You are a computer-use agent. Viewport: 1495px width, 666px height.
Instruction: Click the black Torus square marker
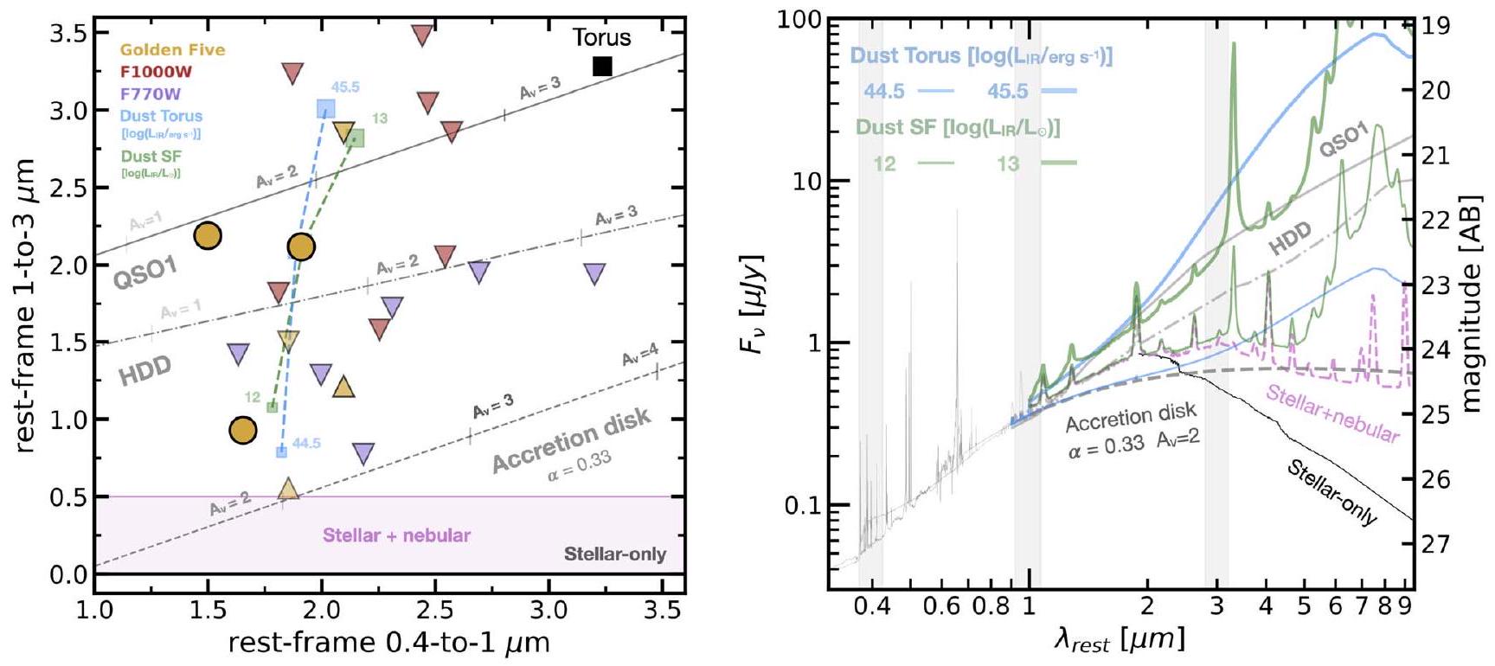pos(602,66)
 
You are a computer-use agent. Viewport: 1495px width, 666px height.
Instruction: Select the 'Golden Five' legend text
pos(172,49)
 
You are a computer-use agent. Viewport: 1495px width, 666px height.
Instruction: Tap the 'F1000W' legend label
pos(156,72)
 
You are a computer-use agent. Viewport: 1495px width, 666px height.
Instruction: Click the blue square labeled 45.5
pos(325,108)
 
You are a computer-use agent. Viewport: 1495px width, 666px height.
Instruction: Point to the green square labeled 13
pos(355,138)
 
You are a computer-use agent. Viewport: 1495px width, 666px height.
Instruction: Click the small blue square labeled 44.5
pos(281,451)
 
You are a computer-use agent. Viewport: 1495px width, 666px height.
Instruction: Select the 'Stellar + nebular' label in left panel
pos(396,535)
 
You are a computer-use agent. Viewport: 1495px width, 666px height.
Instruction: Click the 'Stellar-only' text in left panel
pos(614,554)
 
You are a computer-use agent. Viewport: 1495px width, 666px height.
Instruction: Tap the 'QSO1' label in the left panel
pos(144,272)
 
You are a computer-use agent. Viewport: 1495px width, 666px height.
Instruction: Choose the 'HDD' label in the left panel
pos(144,370)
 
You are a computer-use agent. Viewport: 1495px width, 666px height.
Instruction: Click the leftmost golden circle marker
pos(208,235)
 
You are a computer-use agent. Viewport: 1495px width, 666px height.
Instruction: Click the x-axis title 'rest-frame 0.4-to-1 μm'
pos(388,643)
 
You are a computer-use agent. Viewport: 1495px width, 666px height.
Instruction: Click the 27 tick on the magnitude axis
pos(1435,544)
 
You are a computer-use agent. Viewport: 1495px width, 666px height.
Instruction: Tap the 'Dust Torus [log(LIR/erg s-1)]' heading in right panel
pos(980,56)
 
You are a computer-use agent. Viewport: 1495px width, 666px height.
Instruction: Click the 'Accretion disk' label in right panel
pos(1131,417)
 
